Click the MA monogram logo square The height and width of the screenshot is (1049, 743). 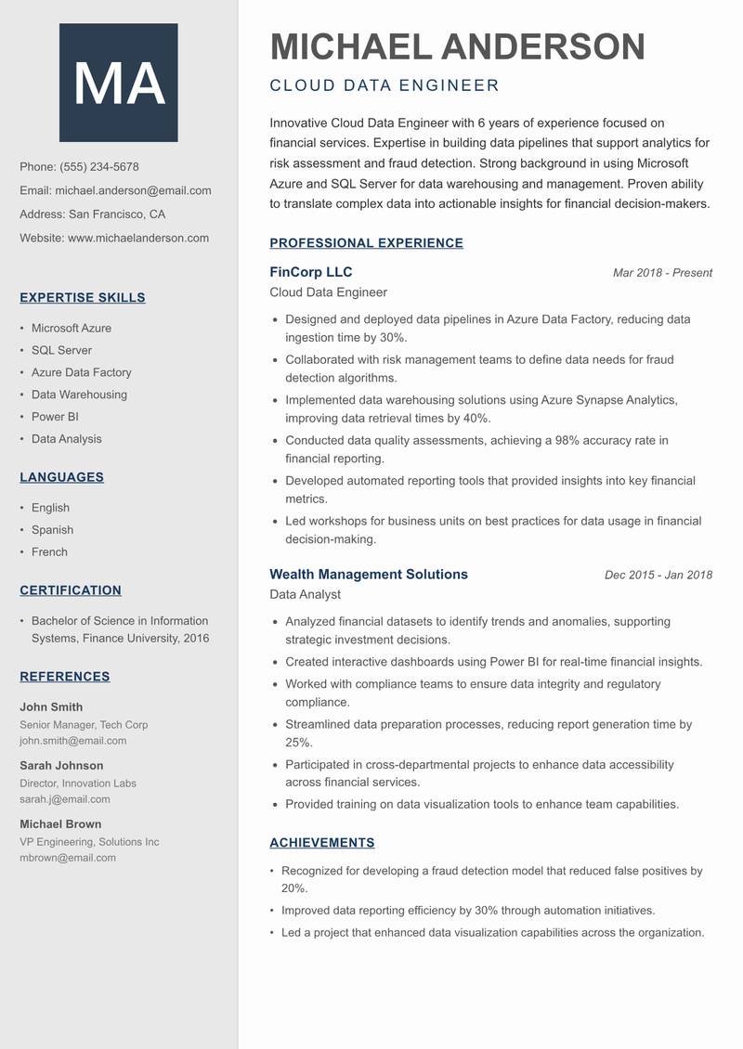119,83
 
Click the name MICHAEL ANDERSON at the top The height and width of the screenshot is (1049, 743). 457,46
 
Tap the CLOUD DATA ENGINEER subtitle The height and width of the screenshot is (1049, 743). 385,86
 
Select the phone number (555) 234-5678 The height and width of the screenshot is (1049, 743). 99,167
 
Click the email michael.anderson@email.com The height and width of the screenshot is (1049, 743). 133,190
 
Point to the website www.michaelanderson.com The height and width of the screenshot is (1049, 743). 138,238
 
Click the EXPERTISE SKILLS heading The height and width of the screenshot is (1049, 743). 83,298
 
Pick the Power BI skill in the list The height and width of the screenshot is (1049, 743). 55,417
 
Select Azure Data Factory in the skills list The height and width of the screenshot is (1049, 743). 82,372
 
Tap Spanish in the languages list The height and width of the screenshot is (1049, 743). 52,530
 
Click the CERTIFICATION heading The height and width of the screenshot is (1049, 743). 71,590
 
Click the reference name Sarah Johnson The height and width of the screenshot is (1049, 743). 61,766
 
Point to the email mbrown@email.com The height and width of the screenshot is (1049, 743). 68,858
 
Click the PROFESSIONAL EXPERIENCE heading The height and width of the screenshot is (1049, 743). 366,243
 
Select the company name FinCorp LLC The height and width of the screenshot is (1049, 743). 311,272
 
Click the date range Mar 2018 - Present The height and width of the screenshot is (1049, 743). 662,273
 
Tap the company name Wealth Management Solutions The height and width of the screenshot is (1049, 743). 369,575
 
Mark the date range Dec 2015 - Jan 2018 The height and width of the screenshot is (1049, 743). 658,576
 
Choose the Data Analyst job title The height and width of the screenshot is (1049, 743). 305,594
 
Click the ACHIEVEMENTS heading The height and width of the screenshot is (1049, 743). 321,843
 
